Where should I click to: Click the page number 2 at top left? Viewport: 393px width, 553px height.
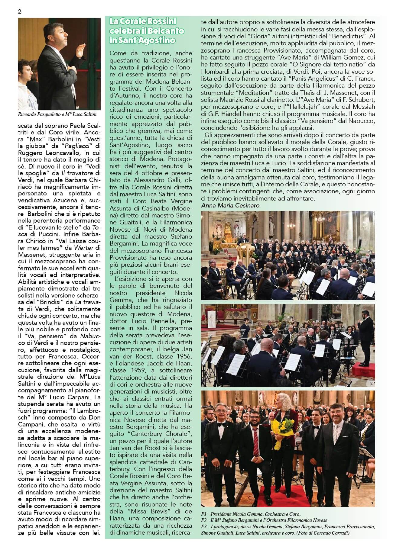point(20,12)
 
